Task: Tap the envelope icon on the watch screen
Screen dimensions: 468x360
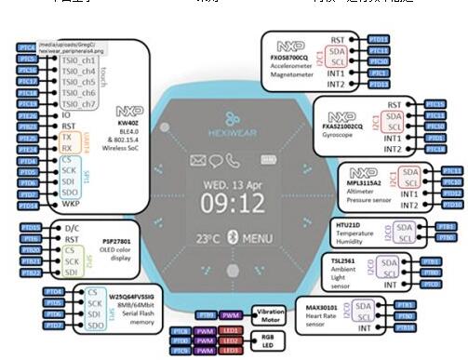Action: [x=199, y=160]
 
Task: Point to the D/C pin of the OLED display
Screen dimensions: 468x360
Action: [x=70, y=227]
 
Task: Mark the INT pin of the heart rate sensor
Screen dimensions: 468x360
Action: [x=364, y=328]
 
